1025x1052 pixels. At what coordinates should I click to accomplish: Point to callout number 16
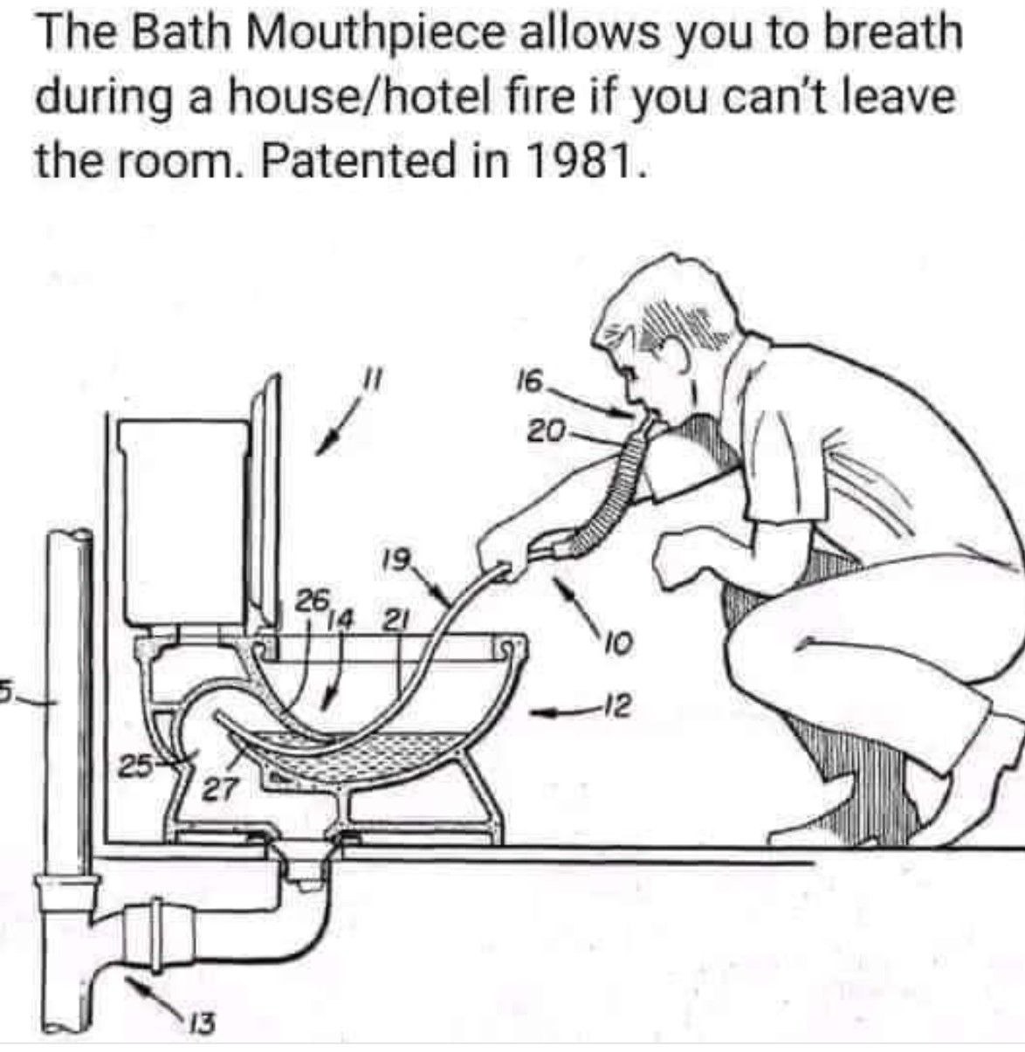click(x=528, y=382)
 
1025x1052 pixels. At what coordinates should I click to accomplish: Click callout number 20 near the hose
click(x=546, y=431)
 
